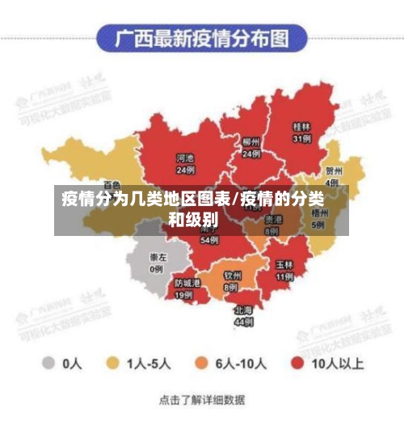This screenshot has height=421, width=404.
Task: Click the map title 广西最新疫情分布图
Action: (x=202, y=38)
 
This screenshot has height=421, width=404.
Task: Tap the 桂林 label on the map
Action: (x=301, y=127)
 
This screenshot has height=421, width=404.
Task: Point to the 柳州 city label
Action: (x=250, y=141)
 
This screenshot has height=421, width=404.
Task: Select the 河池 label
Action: (x=186, y=159)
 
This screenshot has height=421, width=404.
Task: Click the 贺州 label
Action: (x=334, y=171)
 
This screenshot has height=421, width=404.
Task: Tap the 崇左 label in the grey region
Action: (x=157, y=258)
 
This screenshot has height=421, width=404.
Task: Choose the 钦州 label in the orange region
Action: (x=232, y=276)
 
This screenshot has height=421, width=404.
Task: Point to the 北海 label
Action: (x=243, y=309)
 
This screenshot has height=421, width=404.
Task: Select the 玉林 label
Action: (x=284, y=264)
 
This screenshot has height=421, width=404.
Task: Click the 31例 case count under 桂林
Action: (x=301, y=138)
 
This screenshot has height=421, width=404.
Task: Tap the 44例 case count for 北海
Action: (x=243, y=321)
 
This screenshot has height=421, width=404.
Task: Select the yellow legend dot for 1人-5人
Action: (x=114, y=363)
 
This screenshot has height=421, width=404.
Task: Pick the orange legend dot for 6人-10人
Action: (x=202, y=363)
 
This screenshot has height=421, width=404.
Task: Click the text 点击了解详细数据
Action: (x=202, y=400)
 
